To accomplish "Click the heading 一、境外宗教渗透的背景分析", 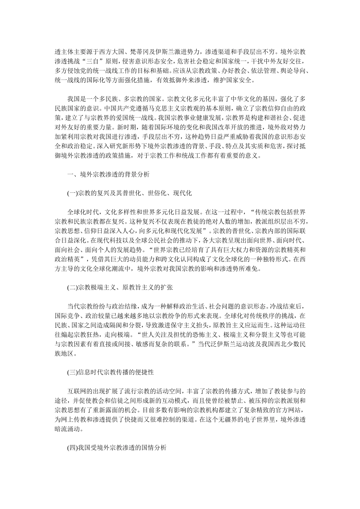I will [108, 174].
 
